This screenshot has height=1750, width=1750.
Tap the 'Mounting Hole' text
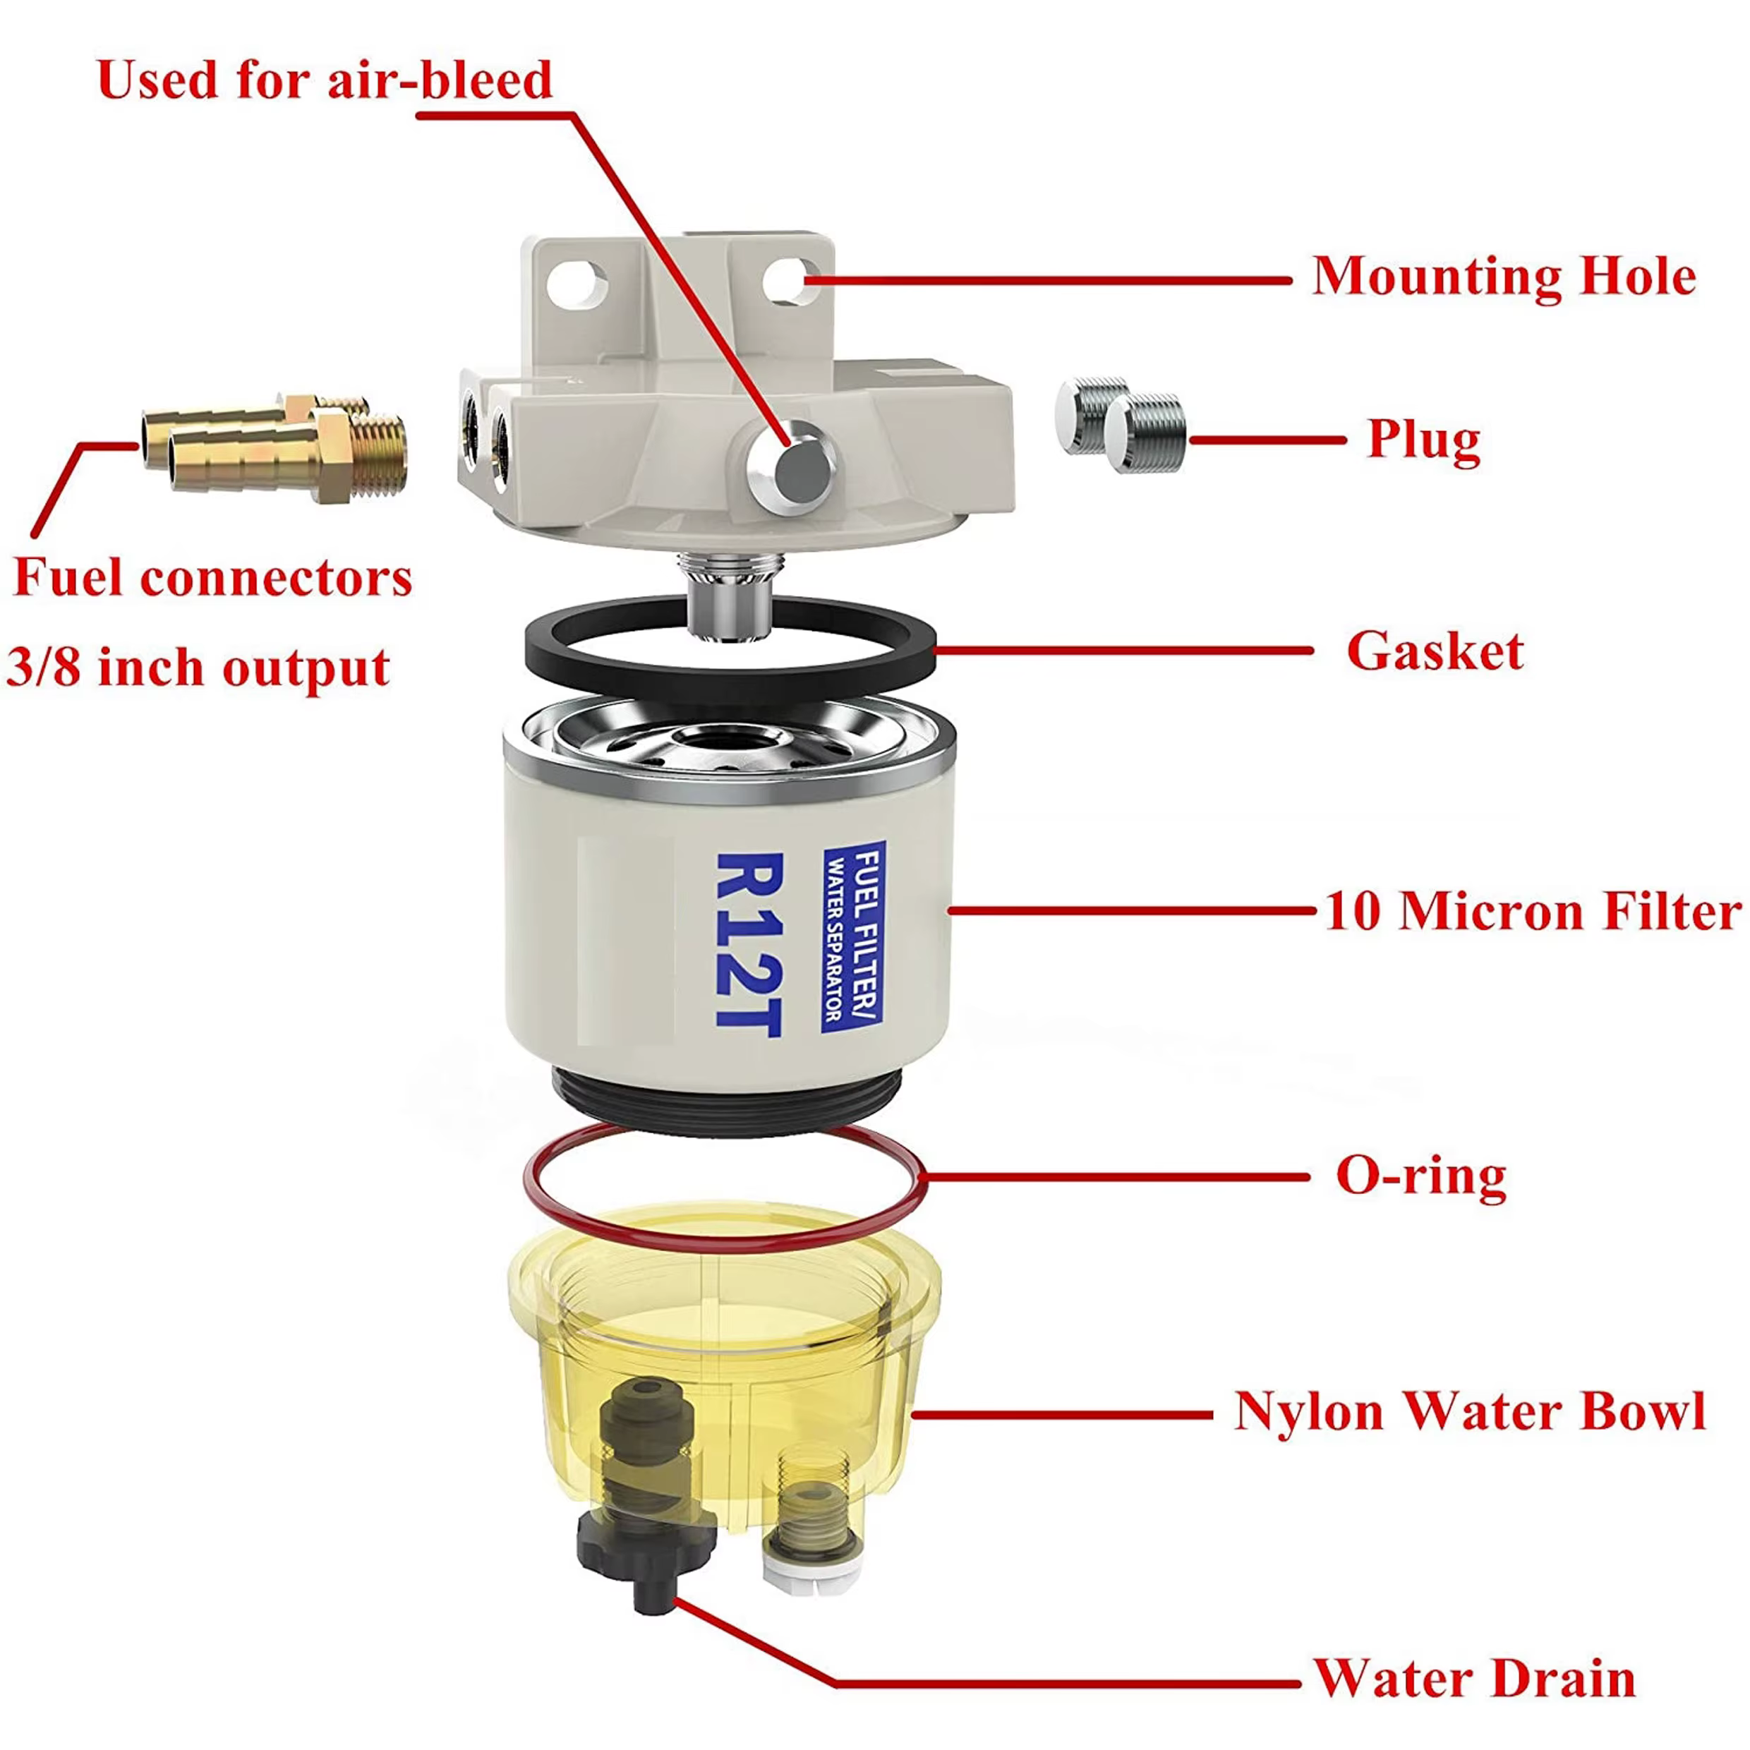(1503, 277)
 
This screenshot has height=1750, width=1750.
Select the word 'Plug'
(1423, 440)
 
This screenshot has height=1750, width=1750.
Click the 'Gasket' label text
(1435, 651)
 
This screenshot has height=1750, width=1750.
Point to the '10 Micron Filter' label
(1533, 910)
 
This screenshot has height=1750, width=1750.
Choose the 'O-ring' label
(1421, 1176)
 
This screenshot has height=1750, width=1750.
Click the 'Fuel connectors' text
(213, 577)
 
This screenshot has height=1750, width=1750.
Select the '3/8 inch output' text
(198, 668)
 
